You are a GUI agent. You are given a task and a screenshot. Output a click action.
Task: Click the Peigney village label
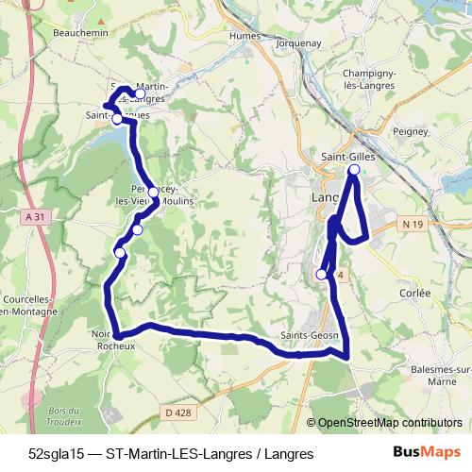pyautogui.click(x=412, y=131)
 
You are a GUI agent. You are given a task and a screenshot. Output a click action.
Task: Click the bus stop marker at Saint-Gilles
pyautogui.click(x=354, y=170)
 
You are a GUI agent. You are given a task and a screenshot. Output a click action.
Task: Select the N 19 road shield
pyautogui.click(x=410, y=224)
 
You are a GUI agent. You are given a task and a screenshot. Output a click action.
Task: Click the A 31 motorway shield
pyautogui.click(x=35, y=217)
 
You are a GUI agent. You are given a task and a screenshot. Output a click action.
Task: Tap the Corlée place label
pyautogui.click(x=414, y=294)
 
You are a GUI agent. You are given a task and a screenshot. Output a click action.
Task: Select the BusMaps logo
pyautogui.click(x=427, y=454)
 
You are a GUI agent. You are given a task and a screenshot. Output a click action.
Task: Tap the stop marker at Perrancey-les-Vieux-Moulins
pyautogui.click(x=153, y=193)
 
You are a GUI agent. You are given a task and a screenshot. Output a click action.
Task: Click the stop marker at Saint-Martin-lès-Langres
pyautogui.click(x=141, y=93)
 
